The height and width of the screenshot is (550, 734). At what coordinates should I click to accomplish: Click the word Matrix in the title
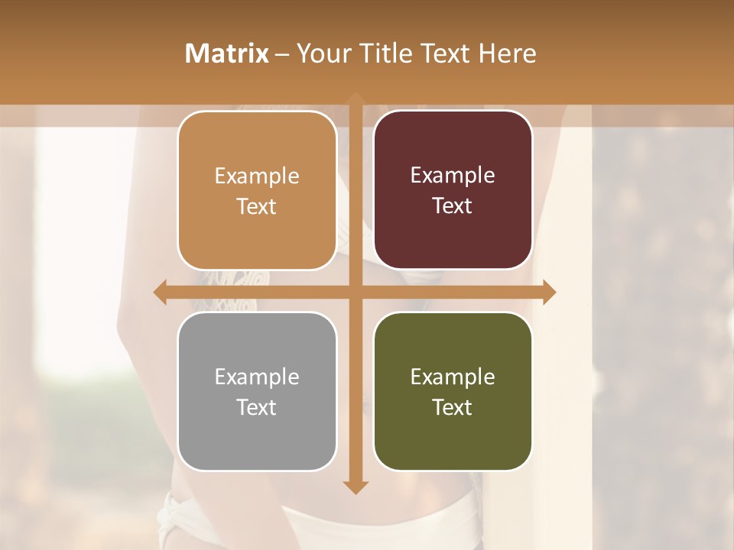coord(227,53)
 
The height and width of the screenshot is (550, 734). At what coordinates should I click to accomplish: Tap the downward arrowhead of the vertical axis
coord(355,487)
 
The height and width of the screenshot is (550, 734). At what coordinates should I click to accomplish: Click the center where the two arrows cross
coord(355,292)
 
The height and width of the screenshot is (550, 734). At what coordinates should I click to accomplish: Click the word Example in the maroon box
coord(453,176)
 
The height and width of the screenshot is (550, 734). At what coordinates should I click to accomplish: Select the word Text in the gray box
coord(257,407)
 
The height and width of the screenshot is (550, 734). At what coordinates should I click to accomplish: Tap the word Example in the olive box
coord(453,377)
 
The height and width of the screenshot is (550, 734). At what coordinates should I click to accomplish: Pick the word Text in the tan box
coord(257,206)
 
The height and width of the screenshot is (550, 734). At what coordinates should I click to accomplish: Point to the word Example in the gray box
coord(257,377)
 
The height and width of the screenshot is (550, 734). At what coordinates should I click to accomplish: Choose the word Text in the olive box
coord(453,407)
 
